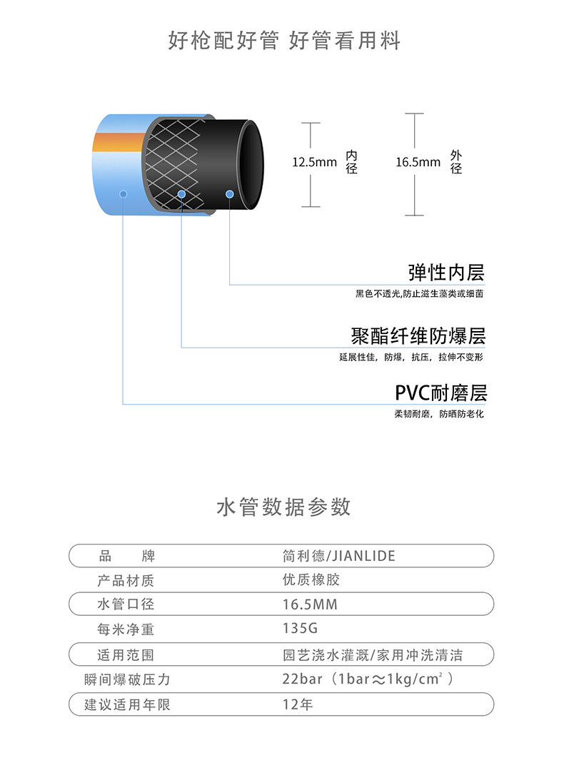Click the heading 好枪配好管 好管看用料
click(x=283, y=40)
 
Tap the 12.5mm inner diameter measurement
click(x=314, y=163)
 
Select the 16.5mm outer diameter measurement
click(x=418, y=163)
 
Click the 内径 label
click(x=351, y=163)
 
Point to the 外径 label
click(x=456, y=163)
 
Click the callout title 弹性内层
click(x=446, y=273)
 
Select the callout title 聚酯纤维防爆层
click(x=418, y=335)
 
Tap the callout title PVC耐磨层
click(x=440, y=393)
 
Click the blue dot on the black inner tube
click(x=230, y=193)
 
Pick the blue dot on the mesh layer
click(x=181, y=194)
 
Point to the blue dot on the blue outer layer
click(x=124, y=193)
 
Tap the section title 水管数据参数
click(x=283, y=507)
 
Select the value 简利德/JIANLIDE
click(x=338, y=556)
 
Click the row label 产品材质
click(x=126, y=580)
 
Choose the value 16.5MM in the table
click(x=310, y=604)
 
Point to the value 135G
click(x=299, y=629)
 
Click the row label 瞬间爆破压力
click(x=127, y=679)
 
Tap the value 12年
click(x=298, y=704)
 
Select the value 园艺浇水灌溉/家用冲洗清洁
click(x=378, y=654)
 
